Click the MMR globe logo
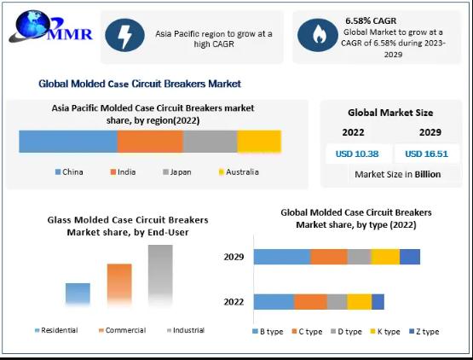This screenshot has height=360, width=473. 50,26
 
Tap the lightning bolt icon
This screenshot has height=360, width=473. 124,35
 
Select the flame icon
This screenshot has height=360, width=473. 318,35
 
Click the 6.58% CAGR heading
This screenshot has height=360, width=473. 371,20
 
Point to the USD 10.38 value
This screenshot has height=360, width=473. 357,154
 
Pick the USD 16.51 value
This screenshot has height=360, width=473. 426,154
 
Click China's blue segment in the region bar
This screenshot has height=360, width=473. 68,142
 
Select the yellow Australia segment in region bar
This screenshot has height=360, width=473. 259,142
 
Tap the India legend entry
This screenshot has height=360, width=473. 123,172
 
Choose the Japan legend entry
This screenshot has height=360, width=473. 177,172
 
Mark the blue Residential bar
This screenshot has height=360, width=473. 78,293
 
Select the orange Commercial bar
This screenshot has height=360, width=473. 119,283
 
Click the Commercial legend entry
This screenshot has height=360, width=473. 123,330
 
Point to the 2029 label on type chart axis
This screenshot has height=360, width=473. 234,257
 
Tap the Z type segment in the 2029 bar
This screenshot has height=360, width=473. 410,257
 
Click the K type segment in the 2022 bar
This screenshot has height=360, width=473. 360,302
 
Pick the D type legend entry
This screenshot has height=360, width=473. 346,332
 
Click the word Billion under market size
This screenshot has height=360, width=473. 428,174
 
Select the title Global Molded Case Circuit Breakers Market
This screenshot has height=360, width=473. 140,84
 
